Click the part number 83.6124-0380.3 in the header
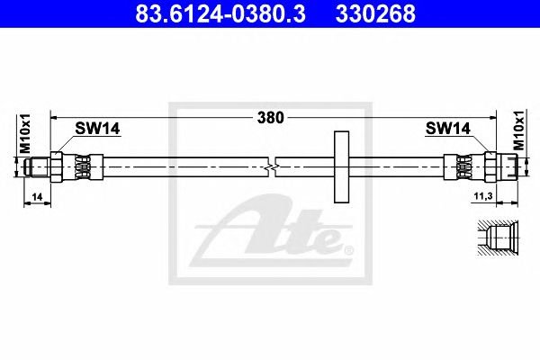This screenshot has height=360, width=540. (x=220, y=13)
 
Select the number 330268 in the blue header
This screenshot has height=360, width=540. (x=375, y=13)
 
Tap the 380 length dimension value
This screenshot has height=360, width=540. (x=271, y=118)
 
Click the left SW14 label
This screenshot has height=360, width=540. (x=97, y=129)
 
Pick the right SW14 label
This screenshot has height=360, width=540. (x=447, y=129)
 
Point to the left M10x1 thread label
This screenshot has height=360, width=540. (x=25, y=133)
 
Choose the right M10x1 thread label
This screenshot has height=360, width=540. (x=518, y=130)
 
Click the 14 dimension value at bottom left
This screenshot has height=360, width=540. (x=37, y=197)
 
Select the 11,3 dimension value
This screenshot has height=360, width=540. (x=483, y=196)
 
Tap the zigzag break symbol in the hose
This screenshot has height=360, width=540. (x=272, y=167)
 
